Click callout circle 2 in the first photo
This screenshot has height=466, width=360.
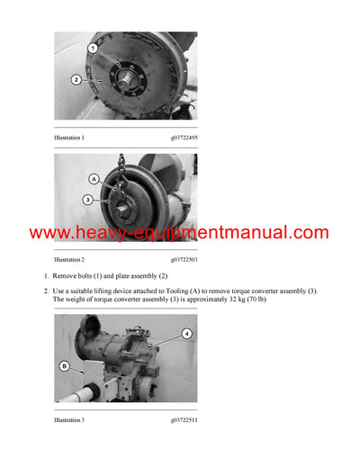[76, 79]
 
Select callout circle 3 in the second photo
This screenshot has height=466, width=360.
[87, 200]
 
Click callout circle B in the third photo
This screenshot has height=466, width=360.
[64, 365]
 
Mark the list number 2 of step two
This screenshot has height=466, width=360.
[45, 291]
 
